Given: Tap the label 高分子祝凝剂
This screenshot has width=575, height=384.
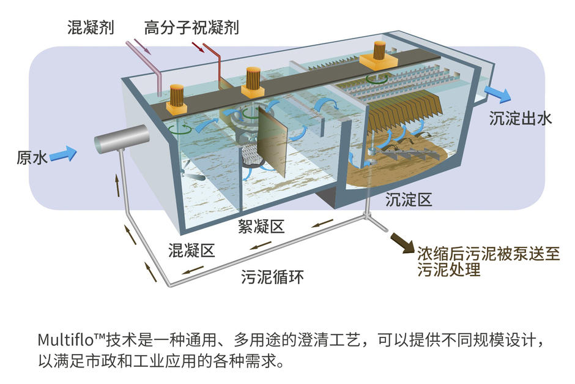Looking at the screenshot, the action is [x=191, y=28].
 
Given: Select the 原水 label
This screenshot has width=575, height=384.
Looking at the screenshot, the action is [x=32, y=157].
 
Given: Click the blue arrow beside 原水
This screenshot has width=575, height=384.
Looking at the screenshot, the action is [x=63, y=154].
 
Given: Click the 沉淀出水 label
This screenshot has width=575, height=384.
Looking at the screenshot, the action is [x=521, y=119].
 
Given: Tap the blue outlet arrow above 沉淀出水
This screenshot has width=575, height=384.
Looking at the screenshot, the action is [x=498, y=95].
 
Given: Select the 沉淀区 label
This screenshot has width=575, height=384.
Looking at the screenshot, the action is [x=409, y=200].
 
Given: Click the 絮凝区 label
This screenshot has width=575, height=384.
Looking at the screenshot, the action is [x=261, y=227].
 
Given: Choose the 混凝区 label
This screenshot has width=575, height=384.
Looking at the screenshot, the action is [x=191, y=250].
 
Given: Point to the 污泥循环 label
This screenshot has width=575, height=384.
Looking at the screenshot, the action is [x=272, y=277].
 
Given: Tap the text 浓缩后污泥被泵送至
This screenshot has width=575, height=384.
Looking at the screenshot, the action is [x=489, y=254].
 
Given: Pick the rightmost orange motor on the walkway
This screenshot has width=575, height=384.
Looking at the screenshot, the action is [x=379, y=55].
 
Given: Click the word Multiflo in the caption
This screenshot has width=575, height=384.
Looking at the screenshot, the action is [x=67, y=339].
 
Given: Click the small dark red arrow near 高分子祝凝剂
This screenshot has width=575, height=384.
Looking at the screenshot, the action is [x=198, y=47].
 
